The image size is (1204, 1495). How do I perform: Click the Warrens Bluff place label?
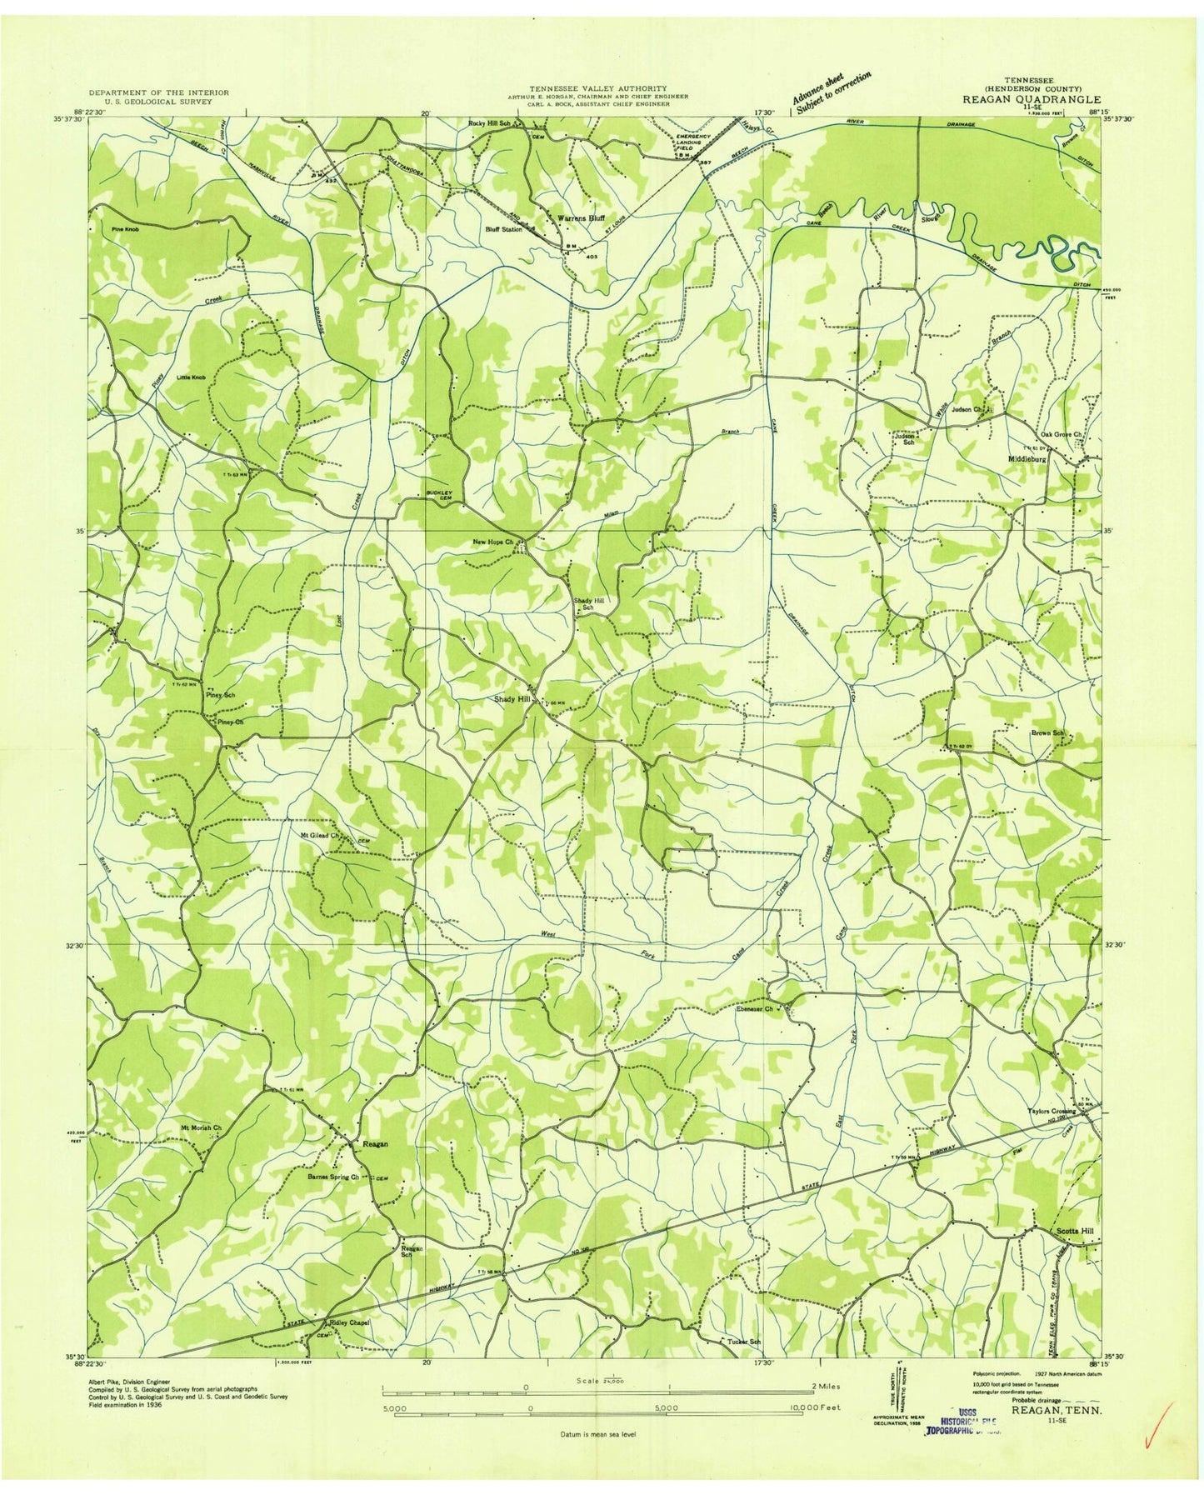[581, 217]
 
